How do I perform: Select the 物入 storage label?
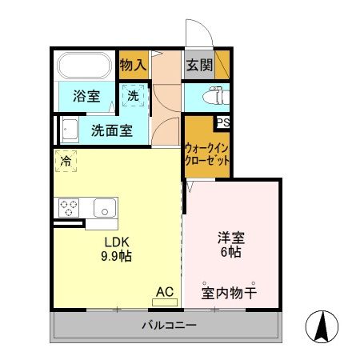pos(133,65)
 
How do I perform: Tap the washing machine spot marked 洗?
pos(134,95)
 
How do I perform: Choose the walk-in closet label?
pos(207,154)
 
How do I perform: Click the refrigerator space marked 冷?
pos(66,161)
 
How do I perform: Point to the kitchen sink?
pos(104,207)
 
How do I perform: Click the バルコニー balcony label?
pos(169,326)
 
